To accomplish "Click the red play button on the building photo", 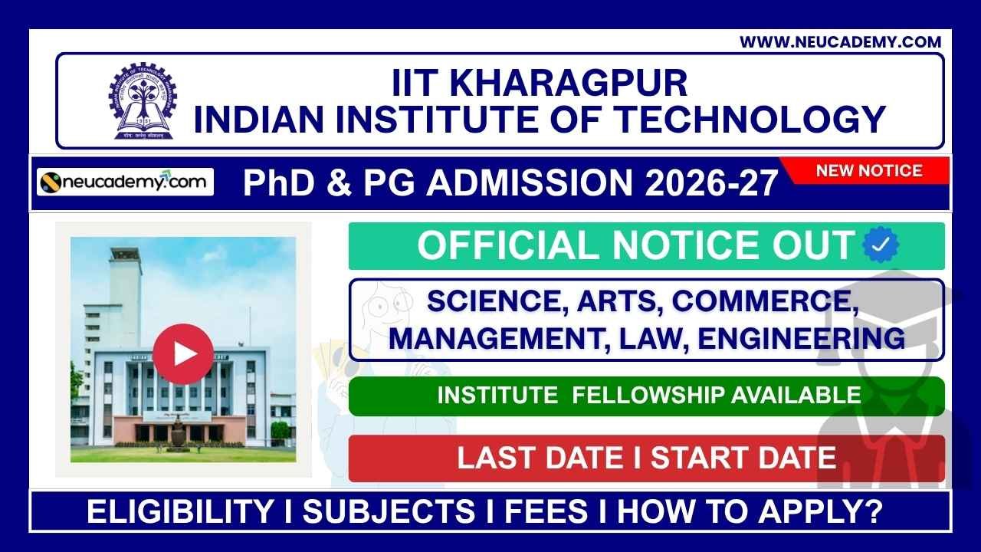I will click(x=183, y=353).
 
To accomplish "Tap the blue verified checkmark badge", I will click(x=881, y=245).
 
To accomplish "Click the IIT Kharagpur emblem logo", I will click(x=142, y=101).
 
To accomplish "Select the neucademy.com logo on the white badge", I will click(x=126, y=182).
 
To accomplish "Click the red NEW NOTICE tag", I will click(x=868, y=171).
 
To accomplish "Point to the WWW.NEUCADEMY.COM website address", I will click(x=840, y=42).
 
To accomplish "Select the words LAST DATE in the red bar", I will click(x=540, y=458).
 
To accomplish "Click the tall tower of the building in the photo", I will click(x=124, y=284).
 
